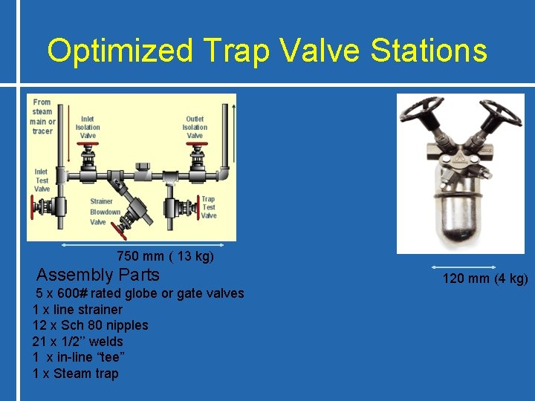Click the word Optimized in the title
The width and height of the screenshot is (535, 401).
(x=119, y=51)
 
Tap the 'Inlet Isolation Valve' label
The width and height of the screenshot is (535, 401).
(x=88, y=127)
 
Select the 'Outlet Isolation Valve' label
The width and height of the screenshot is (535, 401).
(x=195, y=127)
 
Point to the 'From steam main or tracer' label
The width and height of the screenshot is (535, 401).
(x=42, y=117)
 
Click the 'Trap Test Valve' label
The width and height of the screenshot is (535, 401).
(x=209, y=207)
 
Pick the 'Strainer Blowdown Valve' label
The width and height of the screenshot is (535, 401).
(x=105, y=212)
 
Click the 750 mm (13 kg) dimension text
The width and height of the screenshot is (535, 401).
(x=165, y=257)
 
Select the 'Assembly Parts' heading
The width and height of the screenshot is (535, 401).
(x=98, y=275)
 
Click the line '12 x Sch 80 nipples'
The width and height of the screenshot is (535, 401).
(x=90, y=325)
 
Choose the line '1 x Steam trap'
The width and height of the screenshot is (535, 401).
(x=75, y=374)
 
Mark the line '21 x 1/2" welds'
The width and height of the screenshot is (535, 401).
(x=77, y=342)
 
